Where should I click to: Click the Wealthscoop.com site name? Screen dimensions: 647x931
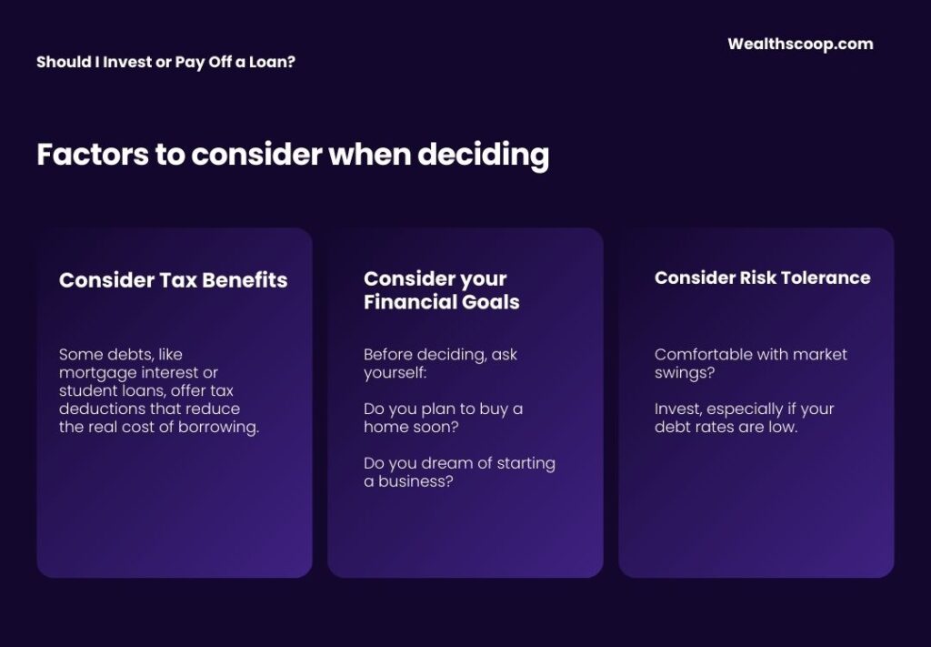pos(800,44)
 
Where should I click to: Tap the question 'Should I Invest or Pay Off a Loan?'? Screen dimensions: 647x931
pos(165,63)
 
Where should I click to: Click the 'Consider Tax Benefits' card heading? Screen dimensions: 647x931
pos(173,280)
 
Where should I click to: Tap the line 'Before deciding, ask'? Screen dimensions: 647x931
pos(440,354)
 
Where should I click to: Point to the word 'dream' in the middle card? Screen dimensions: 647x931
pos(438,463)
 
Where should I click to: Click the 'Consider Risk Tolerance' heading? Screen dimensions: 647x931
pos(762,278)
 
